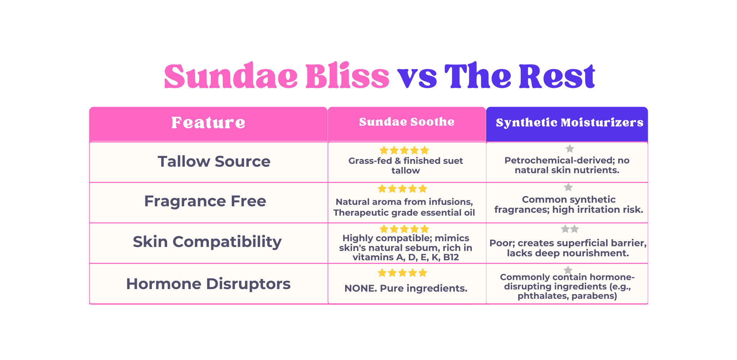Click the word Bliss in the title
(x=347, y=76)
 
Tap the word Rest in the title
(x=557, y=76)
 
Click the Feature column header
(x=208, y=123)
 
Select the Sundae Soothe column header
(x=407, y=122)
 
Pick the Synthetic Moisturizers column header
(x=569, y=123)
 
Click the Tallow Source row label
(x=214, y=161)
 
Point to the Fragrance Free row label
(x=205, y=201)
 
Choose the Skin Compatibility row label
(x=207, y=242)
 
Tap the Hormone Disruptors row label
(x=208, y=284)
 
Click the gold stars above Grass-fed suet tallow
(x=404, y=150)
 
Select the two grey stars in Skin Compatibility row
(x=570, y=229)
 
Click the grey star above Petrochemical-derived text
(x=570, y=149)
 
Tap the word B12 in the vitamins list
(x=451, y=257)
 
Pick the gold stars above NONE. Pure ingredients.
(x=402, y=273)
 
